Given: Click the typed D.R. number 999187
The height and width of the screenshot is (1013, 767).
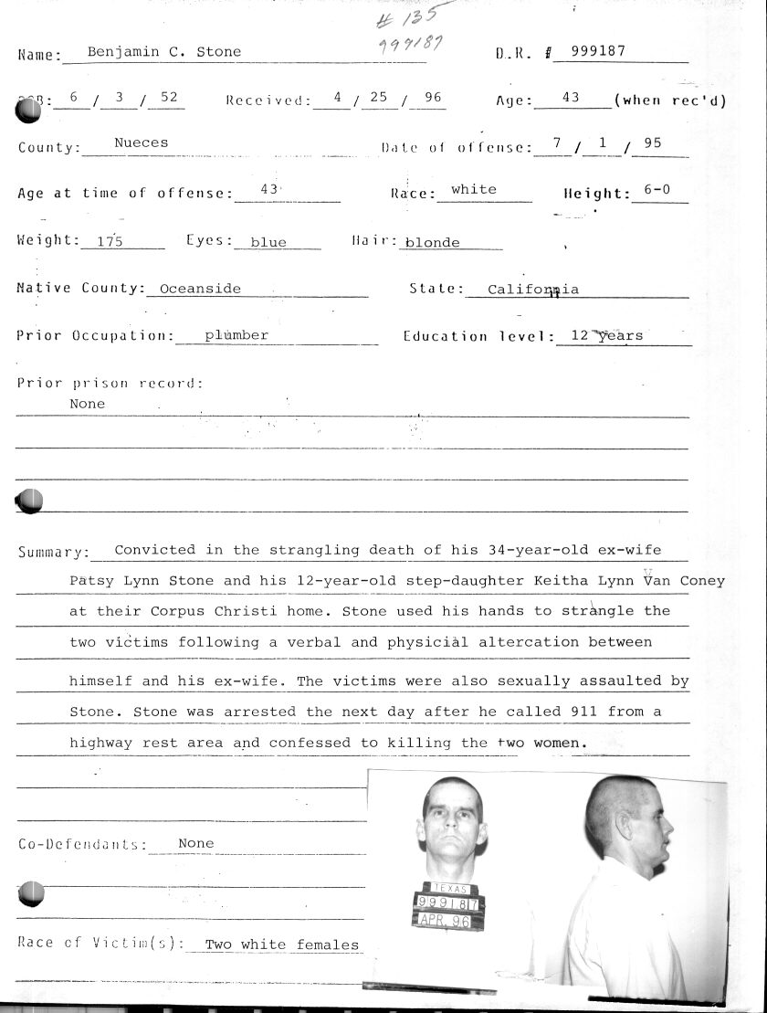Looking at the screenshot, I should pyautogui.click(x=598, y=51).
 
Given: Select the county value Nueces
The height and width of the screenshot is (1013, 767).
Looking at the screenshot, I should pyautogui.click(x=141, y=142).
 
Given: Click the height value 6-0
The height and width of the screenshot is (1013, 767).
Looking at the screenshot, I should pyautogui.click(x=657, y=190).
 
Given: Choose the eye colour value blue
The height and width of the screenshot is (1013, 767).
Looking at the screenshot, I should pyautogui.click(x=268, y=242).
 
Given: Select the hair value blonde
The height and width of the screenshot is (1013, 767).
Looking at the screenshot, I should pyautogui.click(x=433, y=243).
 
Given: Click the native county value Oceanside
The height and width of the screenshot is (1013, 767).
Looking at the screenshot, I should pyautogui.click(x=200, y=289).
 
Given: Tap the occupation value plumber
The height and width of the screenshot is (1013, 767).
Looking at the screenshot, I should pyautogui.click(x=236, y=335).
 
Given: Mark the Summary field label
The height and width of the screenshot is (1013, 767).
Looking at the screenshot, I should pyautogui.click(x=53, y=553).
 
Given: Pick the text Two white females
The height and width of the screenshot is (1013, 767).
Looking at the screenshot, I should pyautogui.click(x=281, y=945).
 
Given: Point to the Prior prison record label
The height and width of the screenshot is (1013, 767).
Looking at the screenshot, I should pyautogui.click(x=110, y=384).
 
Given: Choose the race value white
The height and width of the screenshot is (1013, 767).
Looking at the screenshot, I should pyautogui.click(x=474, y=190).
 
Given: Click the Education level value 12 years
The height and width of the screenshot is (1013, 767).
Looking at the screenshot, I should pyautogui.click(x=606, y=335).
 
